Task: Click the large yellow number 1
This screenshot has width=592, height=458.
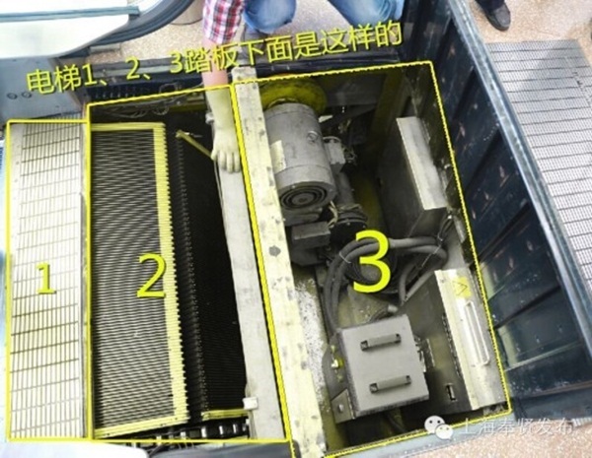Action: point(46,278)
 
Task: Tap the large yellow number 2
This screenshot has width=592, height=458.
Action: point(151,275)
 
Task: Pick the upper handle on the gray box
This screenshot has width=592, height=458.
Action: point(380,343)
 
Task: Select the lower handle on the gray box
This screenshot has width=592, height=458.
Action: point(390,384)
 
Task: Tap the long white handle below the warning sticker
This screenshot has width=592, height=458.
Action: point(476,333)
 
